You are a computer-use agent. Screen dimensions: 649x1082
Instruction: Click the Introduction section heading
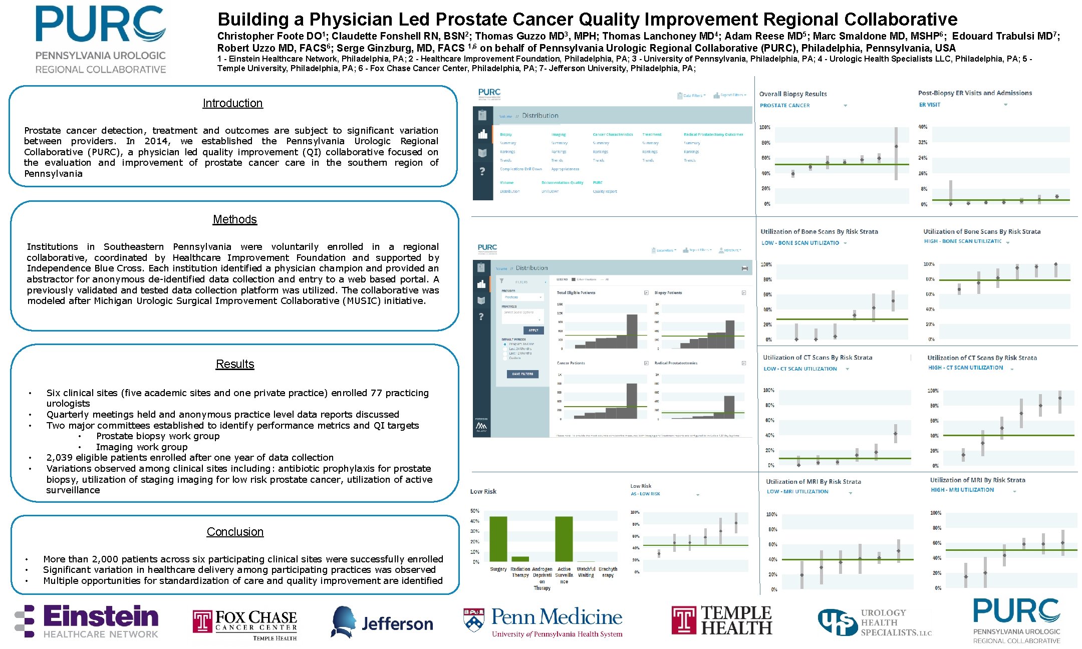[232, 103]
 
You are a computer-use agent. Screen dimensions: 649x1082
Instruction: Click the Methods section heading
[234, 219]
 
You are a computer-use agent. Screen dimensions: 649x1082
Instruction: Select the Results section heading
[235, 364]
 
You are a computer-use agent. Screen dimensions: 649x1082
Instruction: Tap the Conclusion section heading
[235, 532]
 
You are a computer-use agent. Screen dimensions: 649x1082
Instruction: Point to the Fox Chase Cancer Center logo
[245, 624]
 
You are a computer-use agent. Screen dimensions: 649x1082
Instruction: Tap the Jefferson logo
[382, 622]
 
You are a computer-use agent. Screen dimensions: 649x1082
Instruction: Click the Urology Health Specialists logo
[875, 622]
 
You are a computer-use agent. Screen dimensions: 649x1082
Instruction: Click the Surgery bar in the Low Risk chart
[498, 539]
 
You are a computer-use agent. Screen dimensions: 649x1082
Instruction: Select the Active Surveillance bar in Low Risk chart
[564, 539]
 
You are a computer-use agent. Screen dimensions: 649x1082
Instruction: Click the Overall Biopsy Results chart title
[792, 94]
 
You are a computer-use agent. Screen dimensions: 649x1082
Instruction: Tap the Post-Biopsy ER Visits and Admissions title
[975, 93]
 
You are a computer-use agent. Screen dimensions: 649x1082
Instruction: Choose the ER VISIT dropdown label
[930, 105]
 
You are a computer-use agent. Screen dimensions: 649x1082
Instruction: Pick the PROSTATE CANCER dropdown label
[784, 106]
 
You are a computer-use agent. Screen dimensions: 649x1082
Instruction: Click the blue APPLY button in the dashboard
[533, 330]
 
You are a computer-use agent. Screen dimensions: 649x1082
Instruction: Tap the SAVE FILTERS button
[522, 374]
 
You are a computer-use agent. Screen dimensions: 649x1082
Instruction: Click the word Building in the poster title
[253, 20]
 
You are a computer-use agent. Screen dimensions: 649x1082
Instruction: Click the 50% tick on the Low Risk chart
[475, 511]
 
